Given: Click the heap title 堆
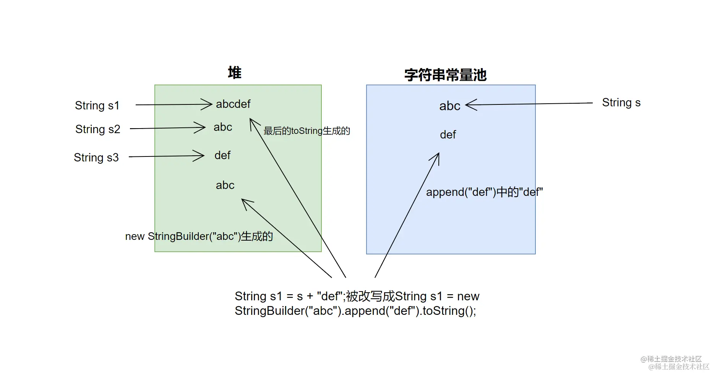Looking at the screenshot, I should point(234,73).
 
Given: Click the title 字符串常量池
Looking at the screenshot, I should point(445,75).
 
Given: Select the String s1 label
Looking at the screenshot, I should point(97,106).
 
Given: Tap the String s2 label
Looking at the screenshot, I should point(97,129).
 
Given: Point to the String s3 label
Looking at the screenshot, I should point(96,158).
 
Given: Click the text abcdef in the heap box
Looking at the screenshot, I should point(233,104).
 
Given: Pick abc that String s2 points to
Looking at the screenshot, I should point(223,127).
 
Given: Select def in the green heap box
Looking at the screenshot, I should point(222,155).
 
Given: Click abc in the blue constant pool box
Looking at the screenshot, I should point(449,106).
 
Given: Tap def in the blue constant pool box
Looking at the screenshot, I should point(448,135).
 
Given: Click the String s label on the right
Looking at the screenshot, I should point(621,103).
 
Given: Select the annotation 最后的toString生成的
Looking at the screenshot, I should point(307,131).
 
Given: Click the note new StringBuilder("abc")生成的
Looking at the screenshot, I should point(199,236).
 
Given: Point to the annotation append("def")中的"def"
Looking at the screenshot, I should point(484,192).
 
